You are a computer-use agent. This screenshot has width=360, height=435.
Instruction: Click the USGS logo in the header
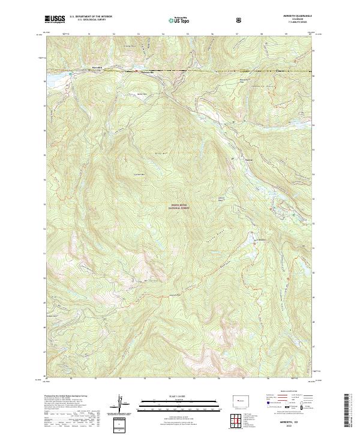[x=55, y=19]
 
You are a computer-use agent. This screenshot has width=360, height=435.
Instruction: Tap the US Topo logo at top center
[x=180, y=19]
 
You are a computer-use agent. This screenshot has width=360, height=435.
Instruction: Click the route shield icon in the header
[x=223, y=19]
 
